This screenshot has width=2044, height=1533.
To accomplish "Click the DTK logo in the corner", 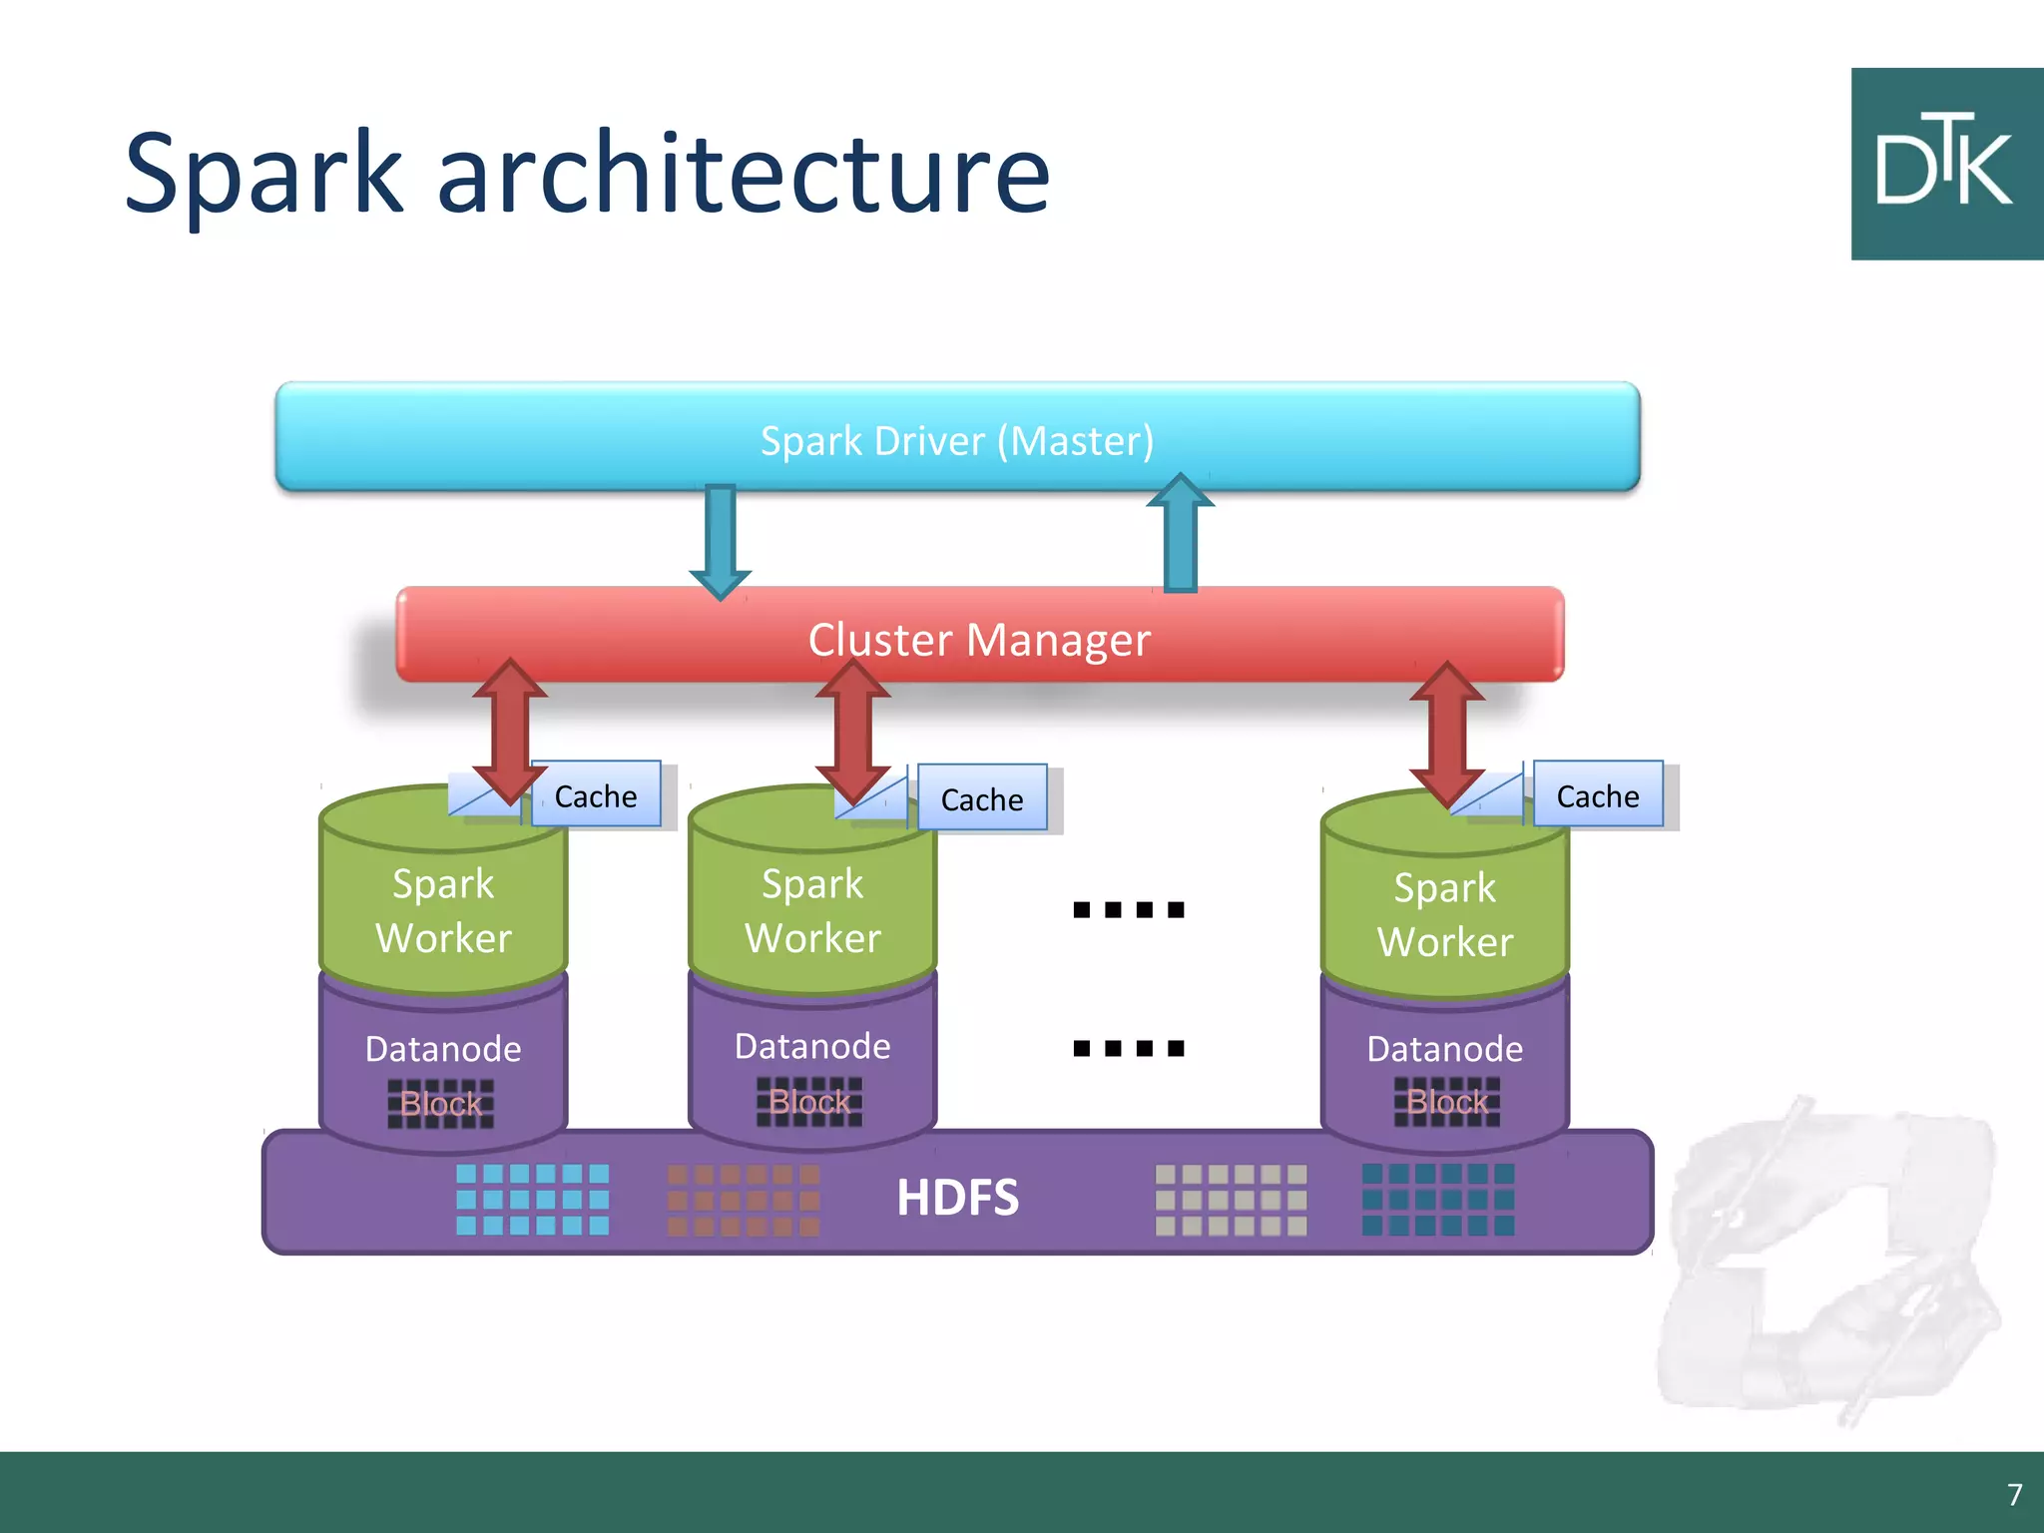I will pos(1946,164).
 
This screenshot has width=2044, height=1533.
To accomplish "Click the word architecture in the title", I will pos(744,175).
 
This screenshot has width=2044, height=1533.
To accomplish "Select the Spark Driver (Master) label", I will pos(957,440).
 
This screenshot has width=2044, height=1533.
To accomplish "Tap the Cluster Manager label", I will pos(979,639).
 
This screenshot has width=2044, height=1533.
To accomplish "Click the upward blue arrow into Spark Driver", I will pos(1181,534).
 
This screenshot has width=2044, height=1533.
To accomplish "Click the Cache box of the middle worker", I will pos(982,798).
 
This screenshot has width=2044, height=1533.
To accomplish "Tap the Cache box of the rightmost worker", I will pos(1598,795).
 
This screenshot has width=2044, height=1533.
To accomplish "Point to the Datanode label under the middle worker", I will pos(812,1046).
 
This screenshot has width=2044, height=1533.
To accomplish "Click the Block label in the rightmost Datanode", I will pos(1446,1102).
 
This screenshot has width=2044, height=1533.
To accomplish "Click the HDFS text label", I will pos(957,1197).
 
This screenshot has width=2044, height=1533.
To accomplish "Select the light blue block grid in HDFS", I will pos(532,1199).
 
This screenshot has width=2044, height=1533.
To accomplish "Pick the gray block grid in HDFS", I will pos(1231,1199).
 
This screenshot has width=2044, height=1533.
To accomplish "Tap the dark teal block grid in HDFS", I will pos(1438,1199).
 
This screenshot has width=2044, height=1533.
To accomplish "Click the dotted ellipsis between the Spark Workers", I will pos(1128,909).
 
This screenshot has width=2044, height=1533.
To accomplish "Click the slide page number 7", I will pos(2014,1494).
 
